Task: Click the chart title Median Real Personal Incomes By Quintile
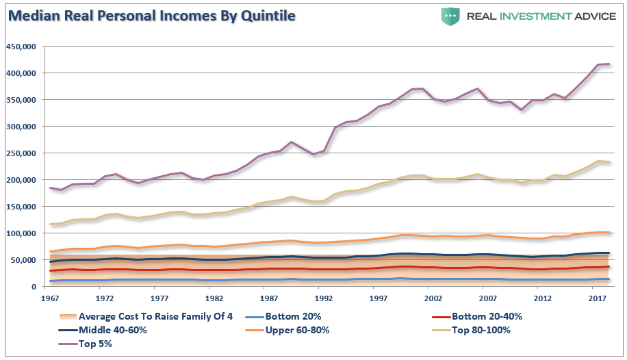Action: [152, 15]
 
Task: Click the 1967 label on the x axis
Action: [49, 298]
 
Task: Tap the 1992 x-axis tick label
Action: [323, 298]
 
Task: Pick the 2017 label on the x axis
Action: [597, 298]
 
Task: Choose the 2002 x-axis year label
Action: [433, 298]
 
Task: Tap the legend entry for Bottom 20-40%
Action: [476, 316]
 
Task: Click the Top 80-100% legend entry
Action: [482, 329]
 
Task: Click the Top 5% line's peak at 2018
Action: [609, 64]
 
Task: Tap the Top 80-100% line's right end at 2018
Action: [609, 162]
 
